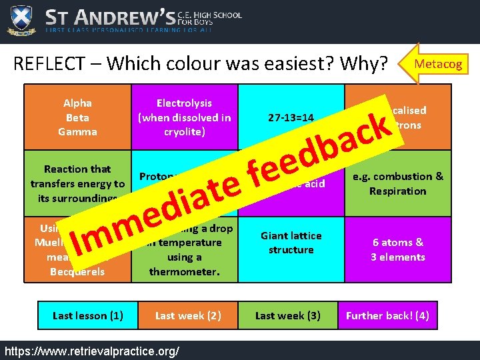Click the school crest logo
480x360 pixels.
pyautogui.click(x=21, y=20)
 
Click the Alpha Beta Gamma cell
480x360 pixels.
pyautogui.click(x=77, y=117)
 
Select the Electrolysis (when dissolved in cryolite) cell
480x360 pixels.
pyautogui.click(x=184, y=117)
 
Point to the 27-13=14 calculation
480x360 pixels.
pyautogui.click(x=291, y=118)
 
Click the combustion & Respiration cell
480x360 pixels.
pyautogui.click(x=398, y=183)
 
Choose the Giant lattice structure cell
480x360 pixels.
pyautogui.click(x=291, y=243)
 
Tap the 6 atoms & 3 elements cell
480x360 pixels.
pyautogui.click(x=398, y=249)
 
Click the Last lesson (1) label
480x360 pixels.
pyautogui.click(x=87, y=315)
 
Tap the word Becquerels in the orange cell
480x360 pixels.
pyautogui.click(x=77, y=271)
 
